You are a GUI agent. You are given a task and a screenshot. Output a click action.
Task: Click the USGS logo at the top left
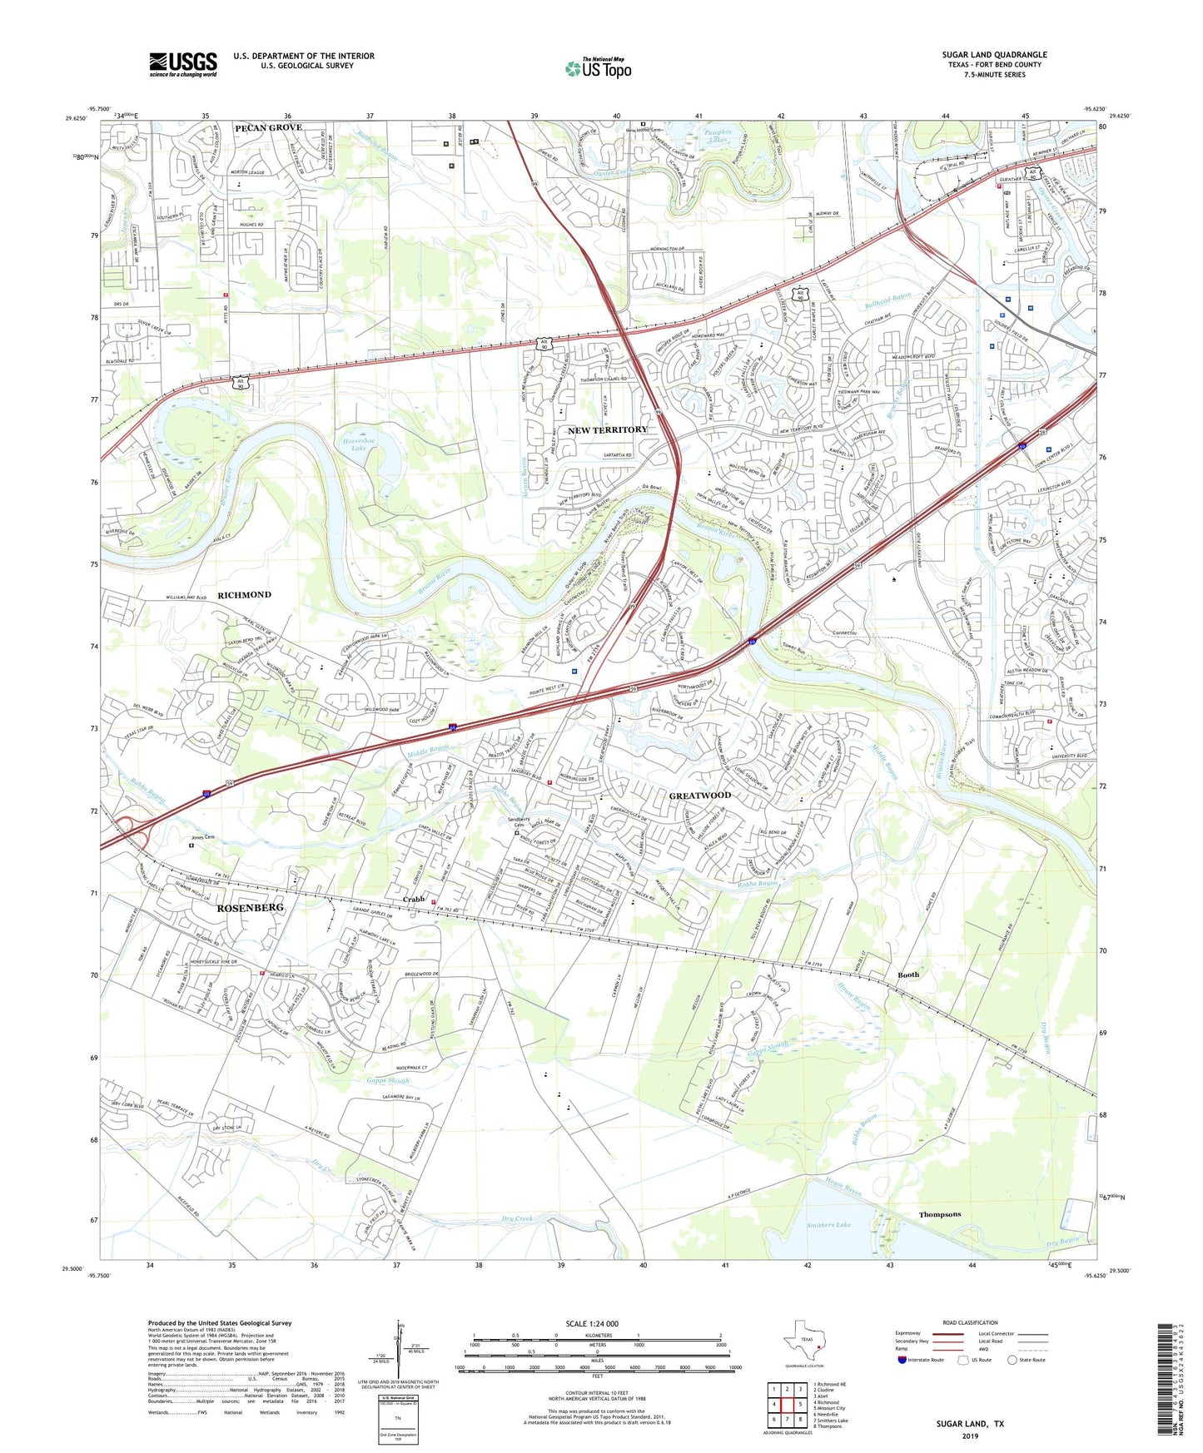pyautogui.click(x=183, y=64)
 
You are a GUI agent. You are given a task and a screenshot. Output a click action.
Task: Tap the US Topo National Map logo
pyautogui.click(x=598, y=67)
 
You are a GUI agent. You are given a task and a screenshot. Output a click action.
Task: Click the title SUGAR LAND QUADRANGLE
pyautogui.click(x=994, y=55)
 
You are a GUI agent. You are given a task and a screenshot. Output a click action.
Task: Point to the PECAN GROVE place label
pyautogui.click(x=268, y=127)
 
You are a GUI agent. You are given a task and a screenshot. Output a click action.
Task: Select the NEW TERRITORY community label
pyautogui.click(x=607, y=429)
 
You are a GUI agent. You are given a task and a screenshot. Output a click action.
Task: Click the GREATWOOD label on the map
pyautogui.click(x=699, y=795)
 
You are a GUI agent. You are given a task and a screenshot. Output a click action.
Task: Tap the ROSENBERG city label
pyautogui.click(x=250, y=907)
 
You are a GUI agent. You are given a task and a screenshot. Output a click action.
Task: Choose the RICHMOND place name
pyautogui.click(x=244, y=595)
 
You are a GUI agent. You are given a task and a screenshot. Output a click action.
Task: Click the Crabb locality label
pyautogui.click(x=414, y=900)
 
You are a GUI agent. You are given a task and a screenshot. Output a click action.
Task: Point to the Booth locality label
pyautogui.click(x=908, y=974)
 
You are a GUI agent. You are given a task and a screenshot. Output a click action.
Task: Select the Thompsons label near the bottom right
pyautogui.click(x=939, y=1214)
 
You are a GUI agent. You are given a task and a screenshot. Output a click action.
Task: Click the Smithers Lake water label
pyautogui.click(x=828, y=1225)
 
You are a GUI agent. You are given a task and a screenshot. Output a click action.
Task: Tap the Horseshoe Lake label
pyautogui.click(x=353, y=444)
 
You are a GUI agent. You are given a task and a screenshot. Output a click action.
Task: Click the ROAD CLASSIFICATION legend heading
pyautogui.click(x=970, y=1322)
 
